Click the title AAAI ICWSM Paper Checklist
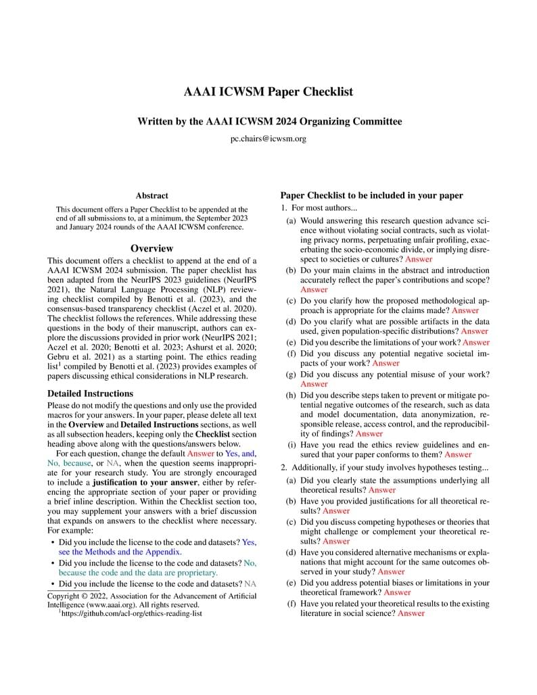coord(268,92)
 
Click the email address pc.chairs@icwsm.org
coord(268,139)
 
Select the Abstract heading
coord(151,195)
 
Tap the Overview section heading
coord(151,249)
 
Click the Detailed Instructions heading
coord(91,393)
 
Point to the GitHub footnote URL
coord(133,613)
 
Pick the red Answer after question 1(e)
coord(476,342)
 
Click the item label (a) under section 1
coord(289,220)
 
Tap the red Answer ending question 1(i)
coord(458,454)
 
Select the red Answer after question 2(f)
coord(411,613)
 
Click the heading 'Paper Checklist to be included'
coord(371,195)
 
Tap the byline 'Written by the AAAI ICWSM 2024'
coord(268,122)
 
